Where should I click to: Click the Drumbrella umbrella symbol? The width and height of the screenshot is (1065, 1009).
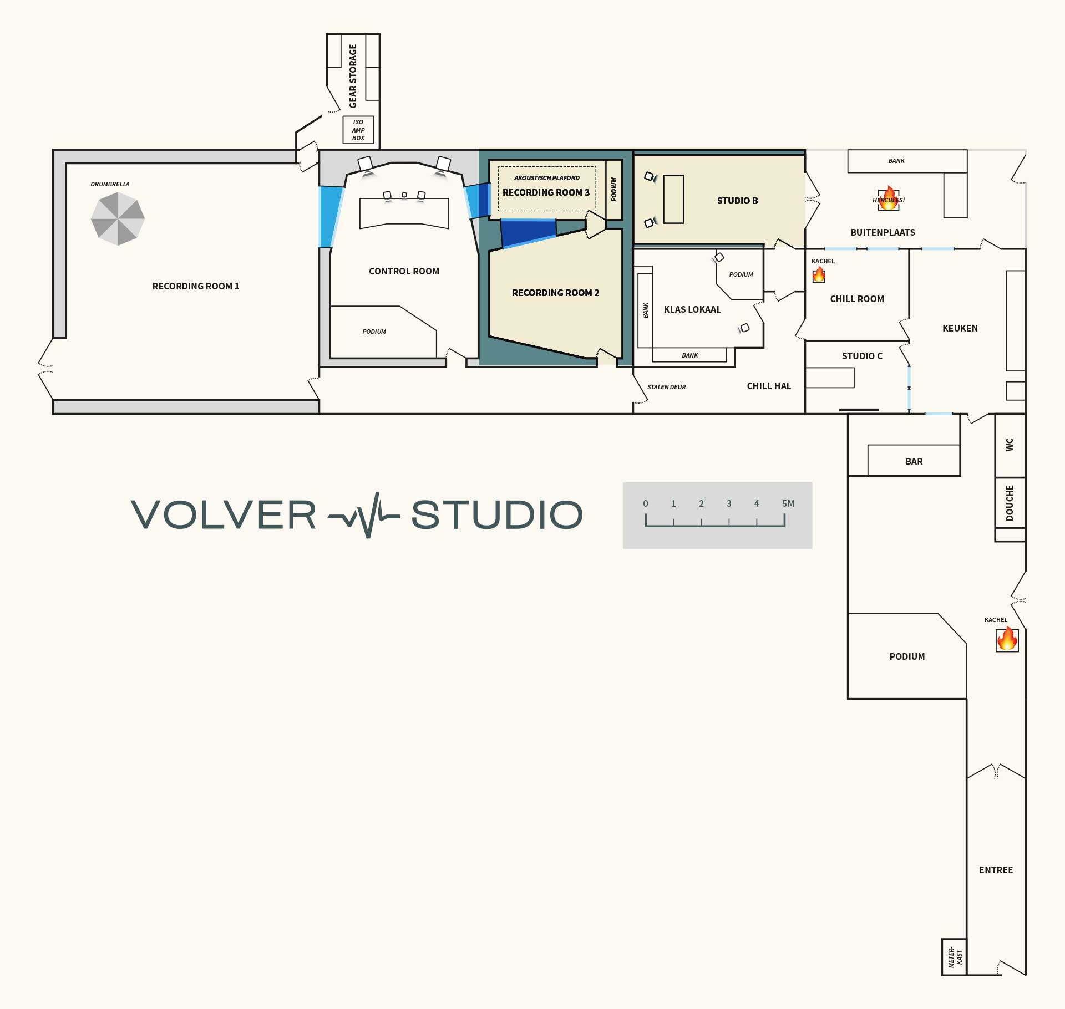tap(118, 218)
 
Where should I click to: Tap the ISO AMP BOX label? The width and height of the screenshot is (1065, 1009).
tap(358, 130)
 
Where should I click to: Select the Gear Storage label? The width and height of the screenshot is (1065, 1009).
tap(353, 77)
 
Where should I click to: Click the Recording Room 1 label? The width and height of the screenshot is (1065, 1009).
tap(196, 286)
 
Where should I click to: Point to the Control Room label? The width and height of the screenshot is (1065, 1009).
tap(404, 271)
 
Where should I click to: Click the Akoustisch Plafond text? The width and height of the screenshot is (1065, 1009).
tap(546, 178)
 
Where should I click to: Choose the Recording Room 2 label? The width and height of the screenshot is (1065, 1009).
tap(555, 293)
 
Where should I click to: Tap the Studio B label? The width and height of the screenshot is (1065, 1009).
tap(737, 201)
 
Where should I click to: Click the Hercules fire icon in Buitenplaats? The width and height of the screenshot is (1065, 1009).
tap(889, 199)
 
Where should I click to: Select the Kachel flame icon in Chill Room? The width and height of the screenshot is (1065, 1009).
tap(819, 275)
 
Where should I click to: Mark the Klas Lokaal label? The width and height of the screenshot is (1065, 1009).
tap(692, 309)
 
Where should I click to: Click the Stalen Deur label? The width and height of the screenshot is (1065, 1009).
tap(666, 387)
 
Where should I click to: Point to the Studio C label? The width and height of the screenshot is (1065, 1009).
tap(861, 356)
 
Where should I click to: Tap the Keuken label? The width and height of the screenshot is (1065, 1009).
tap(960, 328)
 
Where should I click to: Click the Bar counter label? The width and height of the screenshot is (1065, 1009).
tap(914, 461)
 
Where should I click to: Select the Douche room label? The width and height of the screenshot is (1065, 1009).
tap(1010, 503)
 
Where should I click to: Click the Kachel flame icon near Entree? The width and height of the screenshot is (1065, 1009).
tap(1007, 640)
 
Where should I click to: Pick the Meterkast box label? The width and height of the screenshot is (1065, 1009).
tap(955, 957)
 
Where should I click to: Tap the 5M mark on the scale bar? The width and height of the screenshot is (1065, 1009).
tap(788, 504)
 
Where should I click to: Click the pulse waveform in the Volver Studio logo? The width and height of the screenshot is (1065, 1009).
tap(364, 515)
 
